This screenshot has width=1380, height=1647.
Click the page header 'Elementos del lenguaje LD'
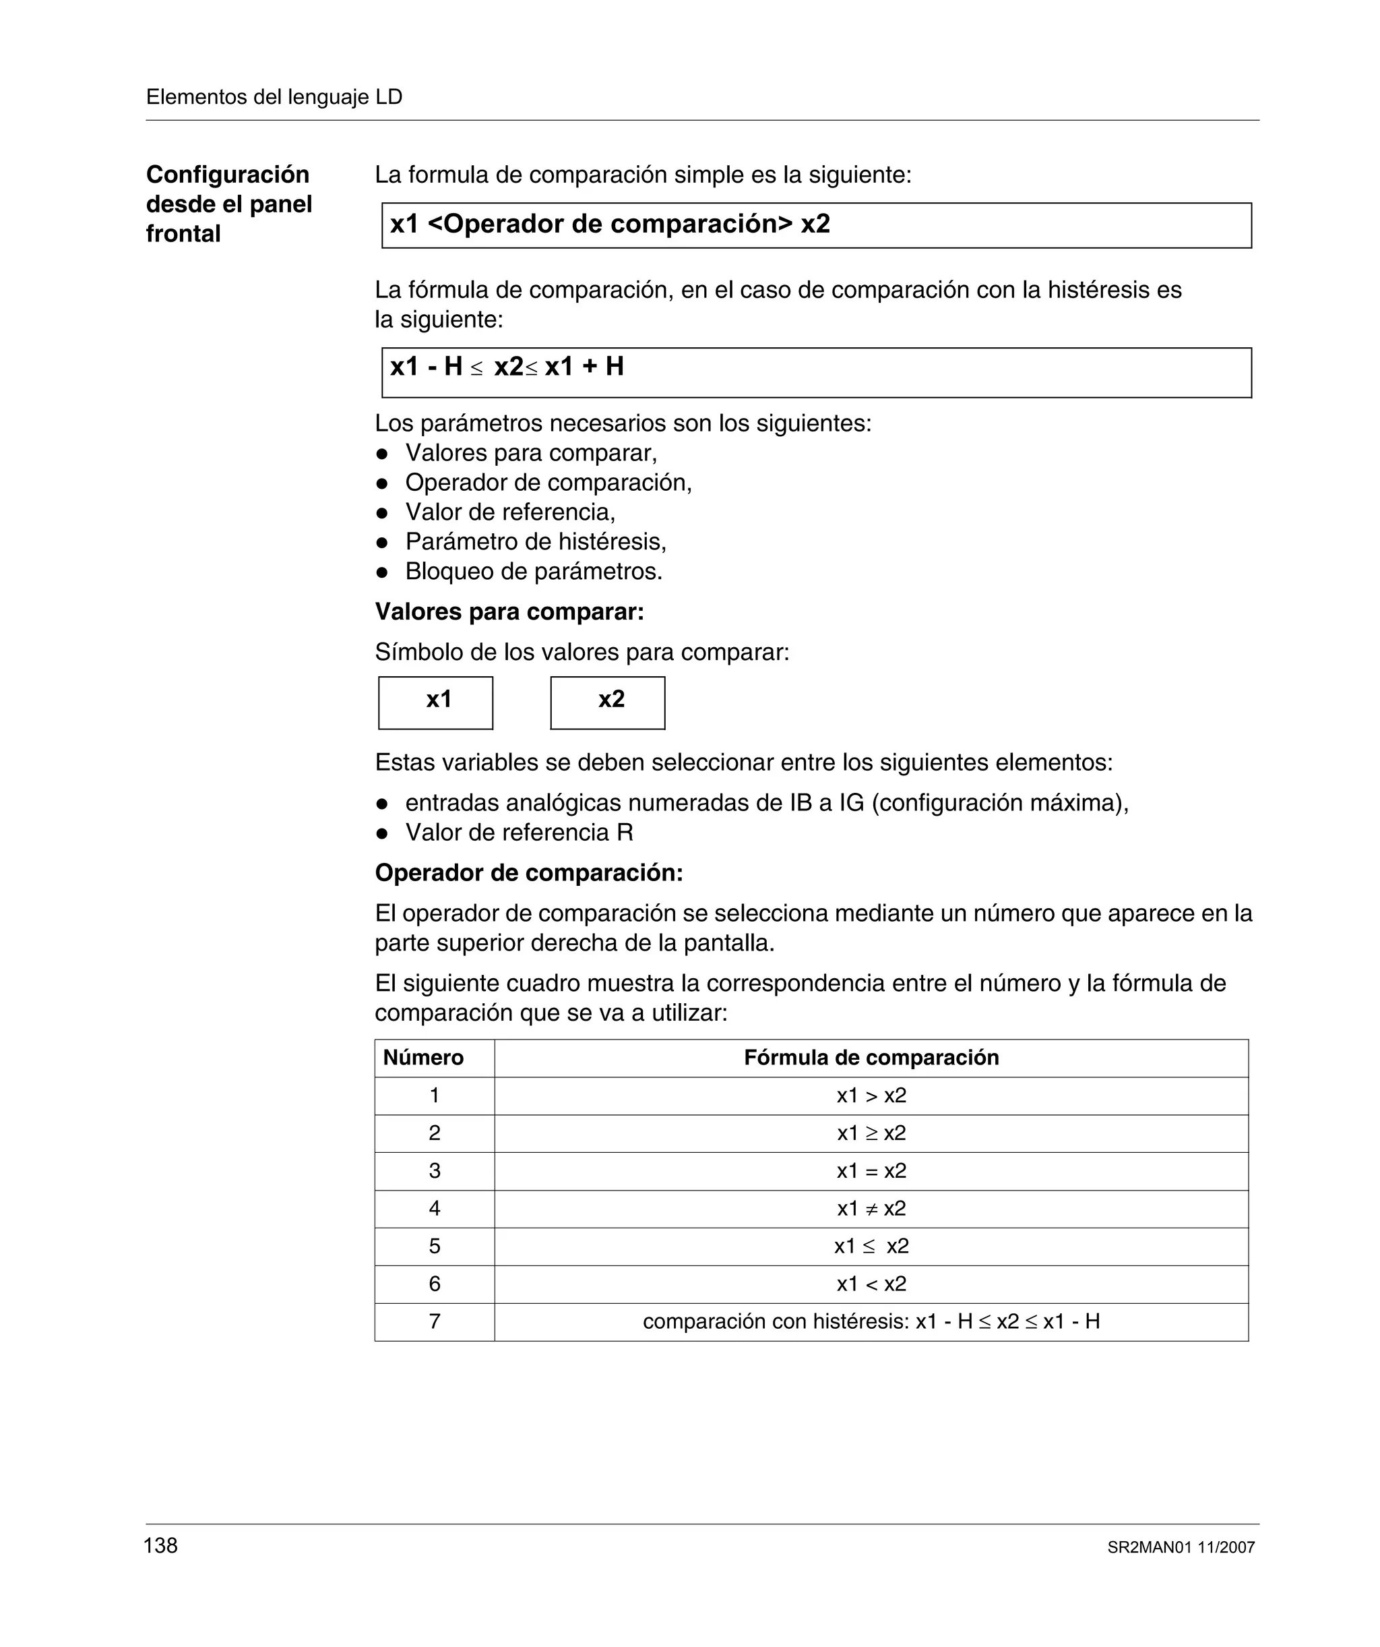274,97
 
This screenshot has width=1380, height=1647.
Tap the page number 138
161,1545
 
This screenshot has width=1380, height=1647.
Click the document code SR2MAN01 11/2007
1181,1547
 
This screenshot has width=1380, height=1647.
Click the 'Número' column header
423,1057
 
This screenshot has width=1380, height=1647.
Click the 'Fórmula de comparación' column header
871,1057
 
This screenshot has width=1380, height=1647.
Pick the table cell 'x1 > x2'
871,1095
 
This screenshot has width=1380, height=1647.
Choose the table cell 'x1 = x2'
871,1171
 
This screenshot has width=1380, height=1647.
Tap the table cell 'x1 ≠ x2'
871,1209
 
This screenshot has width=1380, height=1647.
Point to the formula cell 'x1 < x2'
871,1284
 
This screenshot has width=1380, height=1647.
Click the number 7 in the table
435,1321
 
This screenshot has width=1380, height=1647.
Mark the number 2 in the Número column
435,1133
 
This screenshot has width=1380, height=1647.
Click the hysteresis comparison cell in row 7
871,1321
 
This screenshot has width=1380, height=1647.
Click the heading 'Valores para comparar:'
509,611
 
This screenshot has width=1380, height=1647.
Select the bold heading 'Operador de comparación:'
528,873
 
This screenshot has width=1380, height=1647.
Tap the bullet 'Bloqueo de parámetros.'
533,572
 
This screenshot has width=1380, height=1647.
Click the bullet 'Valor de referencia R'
518,832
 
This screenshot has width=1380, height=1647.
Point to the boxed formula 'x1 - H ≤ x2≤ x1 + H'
507,367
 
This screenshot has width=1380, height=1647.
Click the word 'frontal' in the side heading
183,234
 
